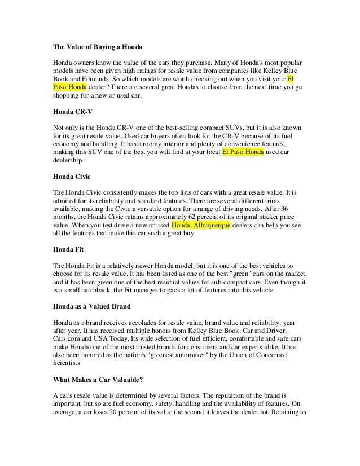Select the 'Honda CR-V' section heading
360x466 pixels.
(71, 112)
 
